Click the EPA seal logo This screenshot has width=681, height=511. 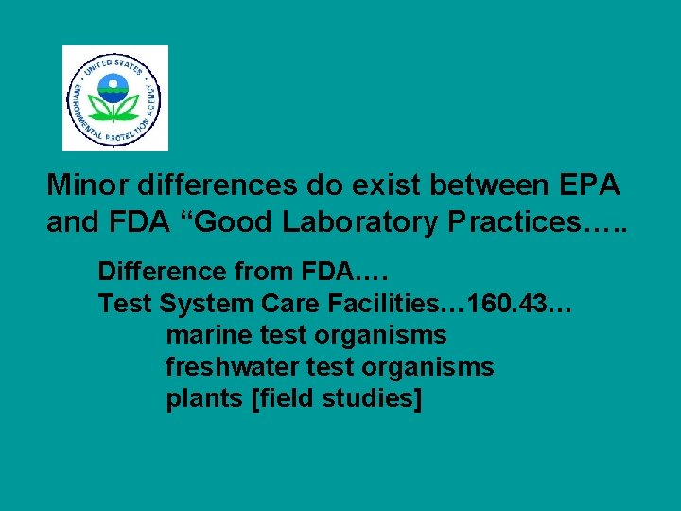coord(114,98)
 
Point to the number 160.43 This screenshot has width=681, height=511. coord(507,305)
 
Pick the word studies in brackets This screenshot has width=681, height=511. coord(372,399)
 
